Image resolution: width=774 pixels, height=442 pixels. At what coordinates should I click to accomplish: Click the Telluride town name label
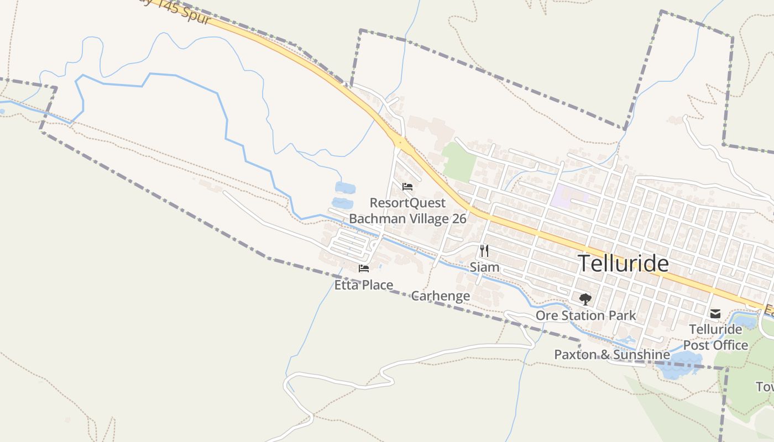tap(623, 264)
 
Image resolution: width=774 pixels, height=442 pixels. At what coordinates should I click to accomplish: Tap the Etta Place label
tap(364, 285)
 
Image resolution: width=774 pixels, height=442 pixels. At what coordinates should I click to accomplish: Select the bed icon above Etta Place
tap(364, 269)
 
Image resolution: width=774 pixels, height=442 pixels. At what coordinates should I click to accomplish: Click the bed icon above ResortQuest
tap(407, 186)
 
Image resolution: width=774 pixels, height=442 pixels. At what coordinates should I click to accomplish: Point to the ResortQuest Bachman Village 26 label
tap(407, 211)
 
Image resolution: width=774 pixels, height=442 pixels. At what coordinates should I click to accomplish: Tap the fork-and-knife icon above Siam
tap(484, 251)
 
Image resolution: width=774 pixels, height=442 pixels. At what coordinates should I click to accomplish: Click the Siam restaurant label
tap(484, 267)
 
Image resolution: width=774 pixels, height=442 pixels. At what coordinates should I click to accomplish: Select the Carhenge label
tap(440, 296)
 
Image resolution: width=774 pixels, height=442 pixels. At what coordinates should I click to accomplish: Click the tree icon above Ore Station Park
tap(585, 299)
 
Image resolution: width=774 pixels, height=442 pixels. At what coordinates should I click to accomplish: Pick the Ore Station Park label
tap(585, 315)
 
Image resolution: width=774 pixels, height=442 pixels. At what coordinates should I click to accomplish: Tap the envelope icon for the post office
tap(715, 314)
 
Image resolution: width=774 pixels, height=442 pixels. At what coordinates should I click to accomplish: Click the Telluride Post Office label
tap(715, 337)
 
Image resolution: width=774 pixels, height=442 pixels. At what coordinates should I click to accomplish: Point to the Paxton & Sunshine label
tap(612, 355)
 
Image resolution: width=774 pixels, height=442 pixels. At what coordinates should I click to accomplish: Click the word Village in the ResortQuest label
tap(419, 219)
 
